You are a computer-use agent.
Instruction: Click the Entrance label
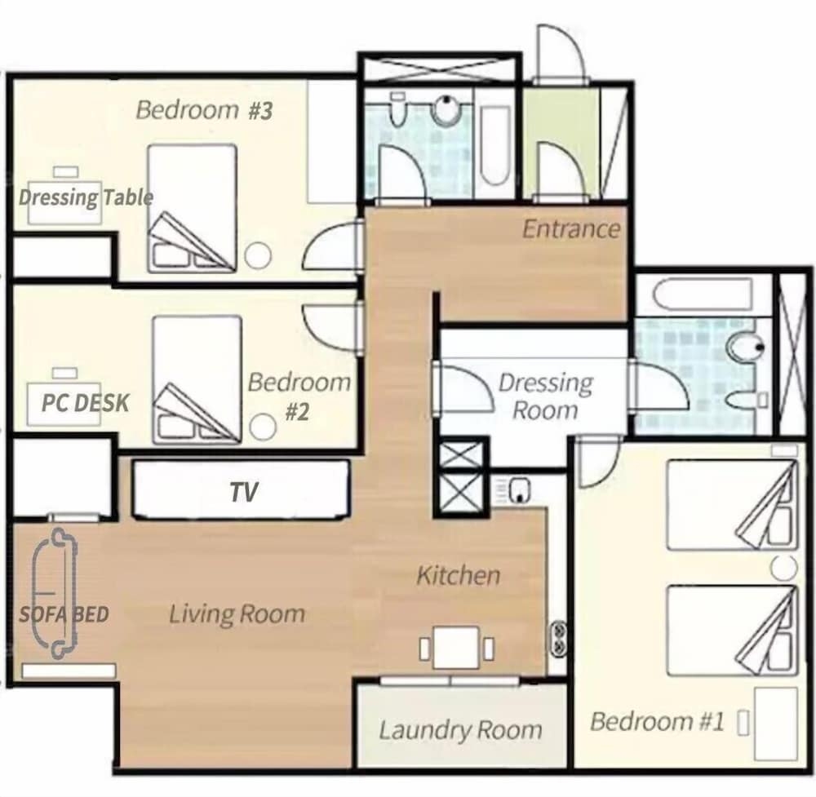coord(571,229)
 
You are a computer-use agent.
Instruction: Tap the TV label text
coord(244,492)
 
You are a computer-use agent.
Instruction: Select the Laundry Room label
coord(460,729)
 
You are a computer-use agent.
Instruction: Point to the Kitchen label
coord(459,575)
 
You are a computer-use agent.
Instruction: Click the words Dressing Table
coord(86,197)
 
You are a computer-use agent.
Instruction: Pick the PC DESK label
coord(86,403)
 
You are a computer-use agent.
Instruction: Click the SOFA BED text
coord(64,614)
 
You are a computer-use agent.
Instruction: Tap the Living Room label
coord(237,614)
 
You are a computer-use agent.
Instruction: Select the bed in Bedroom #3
coord(192,209)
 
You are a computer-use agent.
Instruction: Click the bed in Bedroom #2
coord(197,380)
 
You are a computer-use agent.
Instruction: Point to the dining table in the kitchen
coord(456,648)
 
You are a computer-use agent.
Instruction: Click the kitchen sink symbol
coord(519,490)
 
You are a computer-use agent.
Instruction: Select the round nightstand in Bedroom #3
coord(258,256)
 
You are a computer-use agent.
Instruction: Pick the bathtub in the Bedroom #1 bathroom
coord(702,295)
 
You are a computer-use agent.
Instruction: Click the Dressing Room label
coord(545,396)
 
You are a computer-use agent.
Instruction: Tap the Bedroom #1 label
coord(657,722)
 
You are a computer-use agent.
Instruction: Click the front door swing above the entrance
coord(561,52)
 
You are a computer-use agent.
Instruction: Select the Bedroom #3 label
coord(204,110)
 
